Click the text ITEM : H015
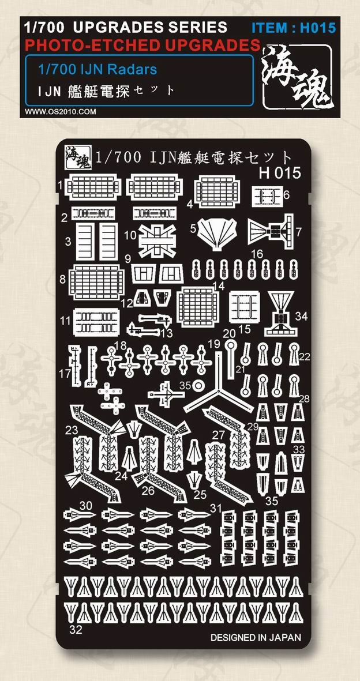(294, 28)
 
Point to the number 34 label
(301, 315)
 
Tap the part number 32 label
(75, 630)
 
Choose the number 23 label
(72, 431)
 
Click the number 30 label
(85, 506)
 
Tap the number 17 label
(65, 374)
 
